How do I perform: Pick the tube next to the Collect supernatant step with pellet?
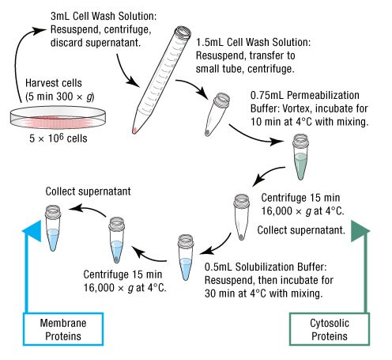click(x=243, y=216)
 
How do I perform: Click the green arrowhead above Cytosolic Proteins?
click(x=364, y=229)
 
